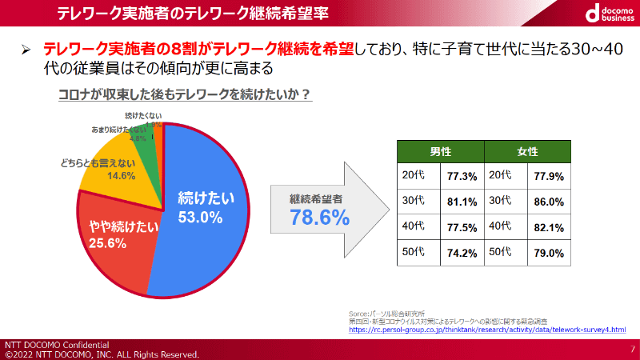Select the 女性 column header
526,152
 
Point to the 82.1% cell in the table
549,227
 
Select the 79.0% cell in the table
549,253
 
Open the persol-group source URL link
488,329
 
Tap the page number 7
632,349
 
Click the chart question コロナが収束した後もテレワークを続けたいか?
185,94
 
